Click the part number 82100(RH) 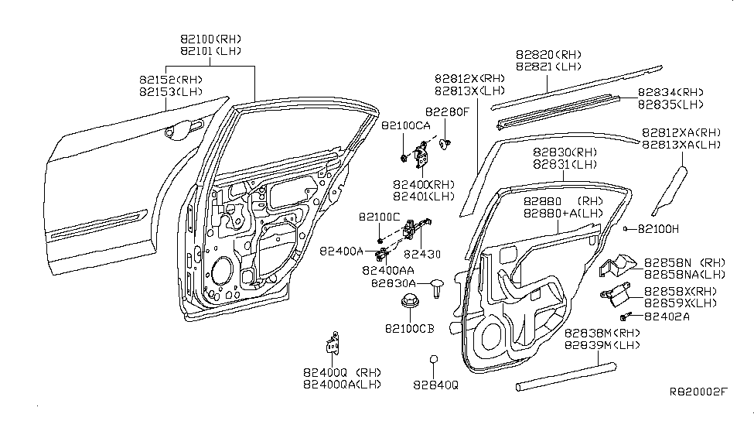(x=211, y=38)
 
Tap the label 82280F (x=446, y=111)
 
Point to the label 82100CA (x=405, y=125)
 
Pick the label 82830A (x=393, y=284)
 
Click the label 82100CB (x=408, y=328)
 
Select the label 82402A (x=667, y=316)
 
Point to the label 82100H (x=659, y=229)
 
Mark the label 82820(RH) (x=549, y=55)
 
